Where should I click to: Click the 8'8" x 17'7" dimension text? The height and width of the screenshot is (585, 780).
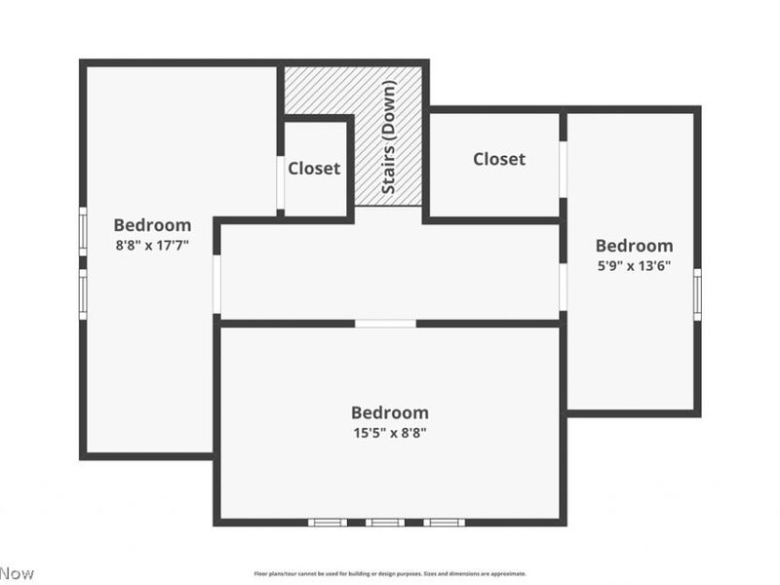(x=152, y=246)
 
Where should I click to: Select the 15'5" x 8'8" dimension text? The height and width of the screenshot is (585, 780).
(x=389, y=432)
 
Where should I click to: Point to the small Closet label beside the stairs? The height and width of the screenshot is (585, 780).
(x=314, y=169)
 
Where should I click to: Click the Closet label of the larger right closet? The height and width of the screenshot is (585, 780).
(x=499, y=159)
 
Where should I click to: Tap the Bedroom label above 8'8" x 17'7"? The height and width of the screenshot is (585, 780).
(x=152, y=225)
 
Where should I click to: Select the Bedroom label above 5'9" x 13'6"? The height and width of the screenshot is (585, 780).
(x=634, y=246)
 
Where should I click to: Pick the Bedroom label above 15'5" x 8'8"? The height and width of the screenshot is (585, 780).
(x=389, y=412)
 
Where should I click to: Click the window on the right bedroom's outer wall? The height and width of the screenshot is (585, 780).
(x=697, y=292)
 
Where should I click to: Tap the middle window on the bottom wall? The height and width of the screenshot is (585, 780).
(x=385, y=522)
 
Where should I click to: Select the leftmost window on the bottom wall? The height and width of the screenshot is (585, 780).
(x=328, y=522)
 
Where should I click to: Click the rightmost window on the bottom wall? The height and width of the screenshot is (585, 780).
(x=443, y=522)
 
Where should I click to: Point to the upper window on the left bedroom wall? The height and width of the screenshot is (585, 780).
(x=83, y=231)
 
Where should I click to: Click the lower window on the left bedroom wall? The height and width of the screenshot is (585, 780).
(x=83, y=292)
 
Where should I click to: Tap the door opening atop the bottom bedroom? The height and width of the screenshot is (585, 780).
(x=385, y=323)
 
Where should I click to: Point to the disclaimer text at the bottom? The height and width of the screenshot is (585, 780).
(x=390, y=573)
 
